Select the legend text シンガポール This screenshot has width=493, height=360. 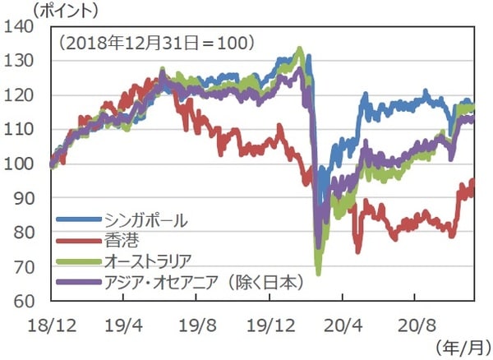tap(146, 220)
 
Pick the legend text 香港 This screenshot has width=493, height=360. tap(120, 241)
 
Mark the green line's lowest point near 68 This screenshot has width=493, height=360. tap(318, 274)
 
